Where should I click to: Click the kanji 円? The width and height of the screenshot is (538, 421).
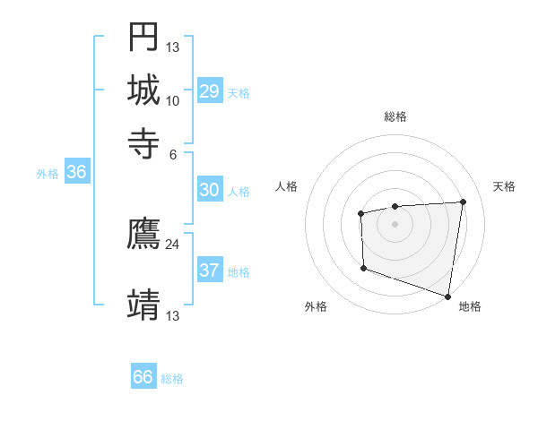point(143,37)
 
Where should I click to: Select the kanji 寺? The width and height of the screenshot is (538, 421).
point(143,142)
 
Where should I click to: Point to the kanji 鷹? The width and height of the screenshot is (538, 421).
point(143,234)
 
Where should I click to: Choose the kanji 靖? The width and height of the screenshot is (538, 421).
point(143,305)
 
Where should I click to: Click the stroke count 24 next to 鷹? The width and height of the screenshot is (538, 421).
point(173,244)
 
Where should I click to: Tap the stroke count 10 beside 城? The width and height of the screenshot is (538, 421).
point(173,100)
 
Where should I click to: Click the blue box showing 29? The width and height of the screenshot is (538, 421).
point(209,91)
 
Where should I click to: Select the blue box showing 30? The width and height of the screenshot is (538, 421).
point(209,190)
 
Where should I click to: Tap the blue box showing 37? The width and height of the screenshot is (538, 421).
point(209,271)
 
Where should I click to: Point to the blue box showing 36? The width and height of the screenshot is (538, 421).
point(76,173)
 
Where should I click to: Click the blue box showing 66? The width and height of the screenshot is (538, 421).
point(143,377)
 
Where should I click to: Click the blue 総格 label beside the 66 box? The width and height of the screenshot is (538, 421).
point(172,379)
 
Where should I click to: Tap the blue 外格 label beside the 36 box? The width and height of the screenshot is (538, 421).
point(48,175)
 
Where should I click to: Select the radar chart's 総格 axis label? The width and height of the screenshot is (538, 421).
point(395,116)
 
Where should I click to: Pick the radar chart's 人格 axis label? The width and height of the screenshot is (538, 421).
point(287,186)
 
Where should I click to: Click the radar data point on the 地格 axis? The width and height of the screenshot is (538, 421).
point(448,295)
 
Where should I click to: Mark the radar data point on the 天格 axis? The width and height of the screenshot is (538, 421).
point(463,202)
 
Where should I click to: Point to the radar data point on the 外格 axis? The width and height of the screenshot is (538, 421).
point(363,268)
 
